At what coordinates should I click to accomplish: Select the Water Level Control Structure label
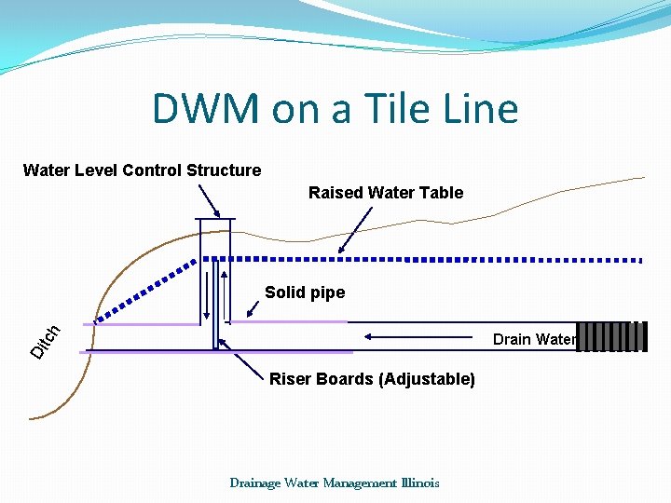tap(142, 170)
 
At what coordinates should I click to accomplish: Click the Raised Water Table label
tap(386, 193)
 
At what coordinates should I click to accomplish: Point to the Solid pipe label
tap(305, 292)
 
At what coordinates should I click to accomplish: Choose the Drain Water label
tap(534, 339)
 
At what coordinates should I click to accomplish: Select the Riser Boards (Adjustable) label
tap(372, 379)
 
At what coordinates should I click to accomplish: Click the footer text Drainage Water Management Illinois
tap(335, 483)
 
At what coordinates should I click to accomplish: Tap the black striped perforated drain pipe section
tap(611, 337)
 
